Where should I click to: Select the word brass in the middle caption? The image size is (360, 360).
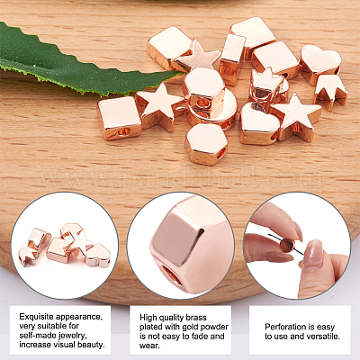click(196, 318)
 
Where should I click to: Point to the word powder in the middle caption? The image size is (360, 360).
click(214, 327)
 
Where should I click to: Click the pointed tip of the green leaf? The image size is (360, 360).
click(182, 73)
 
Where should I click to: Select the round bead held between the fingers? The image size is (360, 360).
click(287, 245)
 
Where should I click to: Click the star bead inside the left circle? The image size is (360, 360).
click(78, 241)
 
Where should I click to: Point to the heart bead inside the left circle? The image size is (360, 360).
click(98, 256)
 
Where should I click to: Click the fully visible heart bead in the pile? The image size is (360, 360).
click(320, 63)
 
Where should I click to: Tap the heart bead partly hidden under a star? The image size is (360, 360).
click(258, 123)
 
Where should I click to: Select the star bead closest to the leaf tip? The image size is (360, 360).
click(199, 57)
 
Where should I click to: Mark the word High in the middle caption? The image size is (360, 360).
click(148, 318)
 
